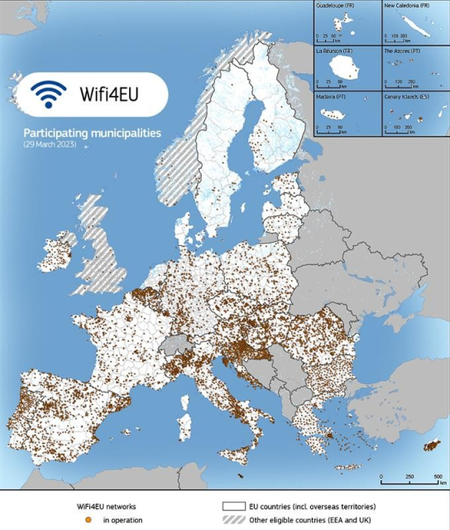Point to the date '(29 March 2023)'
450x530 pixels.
click(49, 144)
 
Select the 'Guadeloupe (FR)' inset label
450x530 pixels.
click(337, 6)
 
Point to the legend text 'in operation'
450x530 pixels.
click(122, 519)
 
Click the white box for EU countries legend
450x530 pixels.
click(234, 504)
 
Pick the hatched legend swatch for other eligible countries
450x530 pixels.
click(234, 519)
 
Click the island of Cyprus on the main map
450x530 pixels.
click(432, 446)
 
